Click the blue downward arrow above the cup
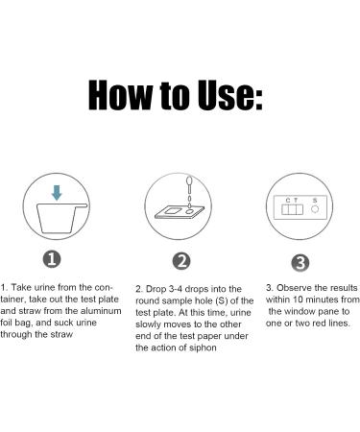(57, 193)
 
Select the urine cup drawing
(60, 218)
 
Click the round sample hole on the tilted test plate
(189, 212)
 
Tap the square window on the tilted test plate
(173, 211)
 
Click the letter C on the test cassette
(288, 201)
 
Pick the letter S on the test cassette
(315, 201)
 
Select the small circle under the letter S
(315, 209)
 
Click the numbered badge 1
(52, 259)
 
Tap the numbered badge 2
(181, 261)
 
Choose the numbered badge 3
(300, 263)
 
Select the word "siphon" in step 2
(203, 348)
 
